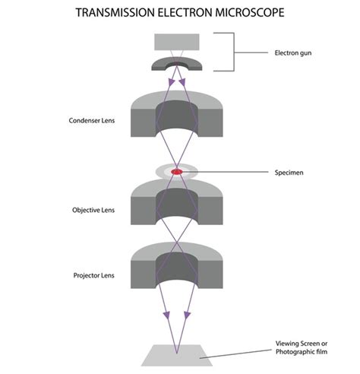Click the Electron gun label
coord(294,52)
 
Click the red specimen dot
coord(176,173)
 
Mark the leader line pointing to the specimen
coord(228,172)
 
